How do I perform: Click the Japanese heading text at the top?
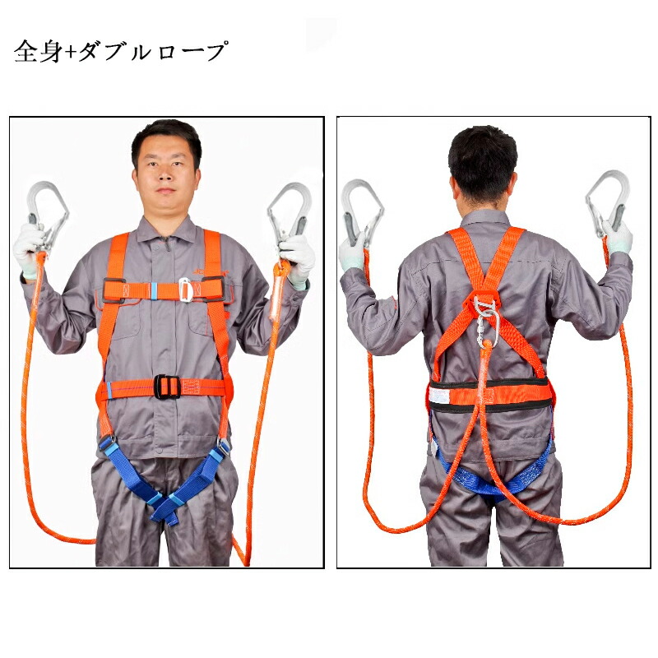pyautogui.click(x=120, y=52)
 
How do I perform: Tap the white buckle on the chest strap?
pyautogui.click(x=185, y=290)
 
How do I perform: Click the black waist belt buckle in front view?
pyautogui.click(x=168, y=387)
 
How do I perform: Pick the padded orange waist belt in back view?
pyautogui.click(x=489, y=395)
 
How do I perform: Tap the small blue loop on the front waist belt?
pyautogui.click(x=109, y=390)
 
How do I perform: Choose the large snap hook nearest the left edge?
pyautogui.click(x=47, y=214)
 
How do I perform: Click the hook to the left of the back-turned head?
pyautogui.click(x=362, y=212)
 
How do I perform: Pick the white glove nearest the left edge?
pyautogui.click(x=29, y=251)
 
